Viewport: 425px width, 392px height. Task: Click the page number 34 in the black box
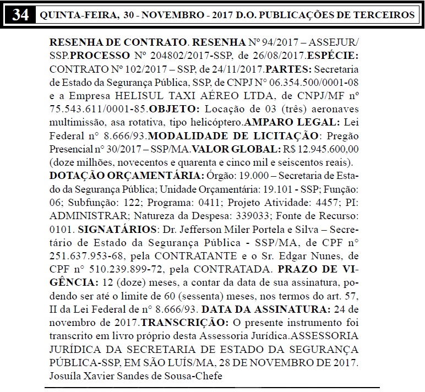coord(20,14)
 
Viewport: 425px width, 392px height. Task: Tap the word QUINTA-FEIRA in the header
coord(75,15)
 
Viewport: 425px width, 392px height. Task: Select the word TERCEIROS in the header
coord(379,15)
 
